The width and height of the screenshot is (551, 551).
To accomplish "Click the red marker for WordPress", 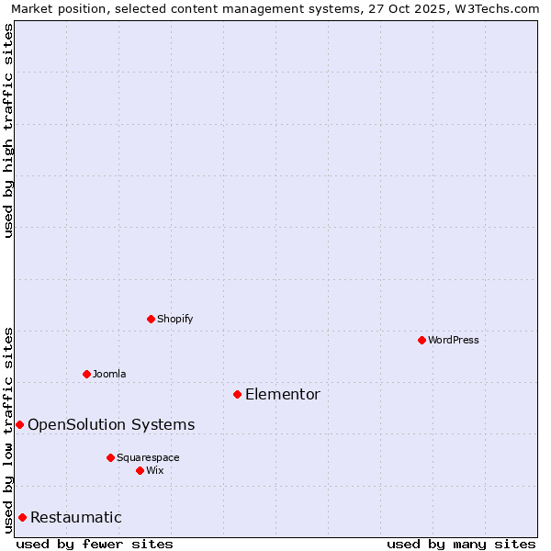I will [422, 340].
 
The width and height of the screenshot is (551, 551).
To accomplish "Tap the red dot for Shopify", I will [151, 319].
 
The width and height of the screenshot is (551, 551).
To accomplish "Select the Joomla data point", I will [86, 374].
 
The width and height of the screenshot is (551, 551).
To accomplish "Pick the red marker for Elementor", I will [237, 394].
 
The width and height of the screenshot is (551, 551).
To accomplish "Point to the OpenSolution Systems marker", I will [19, 424].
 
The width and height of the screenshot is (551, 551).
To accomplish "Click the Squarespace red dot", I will [110, 457].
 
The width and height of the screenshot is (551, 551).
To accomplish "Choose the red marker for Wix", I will [140, 470].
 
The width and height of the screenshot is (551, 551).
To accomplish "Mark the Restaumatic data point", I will [22, 517].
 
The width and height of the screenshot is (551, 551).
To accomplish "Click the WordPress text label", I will [454, 340].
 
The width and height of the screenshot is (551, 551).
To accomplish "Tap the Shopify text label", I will [174, 319].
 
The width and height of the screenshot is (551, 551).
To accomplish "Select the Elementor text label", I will [283, 395].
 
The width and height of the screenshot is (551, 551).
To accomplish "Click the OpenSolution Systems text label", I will [111, 424].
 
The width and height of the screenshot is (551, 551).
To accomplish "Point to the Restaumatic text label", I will [76, 517].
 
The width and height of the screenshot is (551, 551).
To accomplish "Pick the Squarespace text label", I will [148, 457].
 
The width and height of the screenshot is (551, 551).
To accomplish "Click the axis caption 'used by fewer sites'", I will [95, 544].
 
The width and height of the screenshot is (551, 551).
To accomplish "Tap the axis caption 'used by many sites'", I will [461, 544].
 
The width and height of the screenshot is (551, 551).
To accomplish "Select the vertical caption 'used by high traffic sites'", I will [8, 130].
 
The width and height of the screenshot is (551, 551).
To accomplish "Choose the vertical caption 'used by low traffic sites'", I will [8, 429].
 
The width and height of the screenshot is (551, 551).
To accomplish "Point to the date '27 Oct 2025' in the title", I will [404, 8].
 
